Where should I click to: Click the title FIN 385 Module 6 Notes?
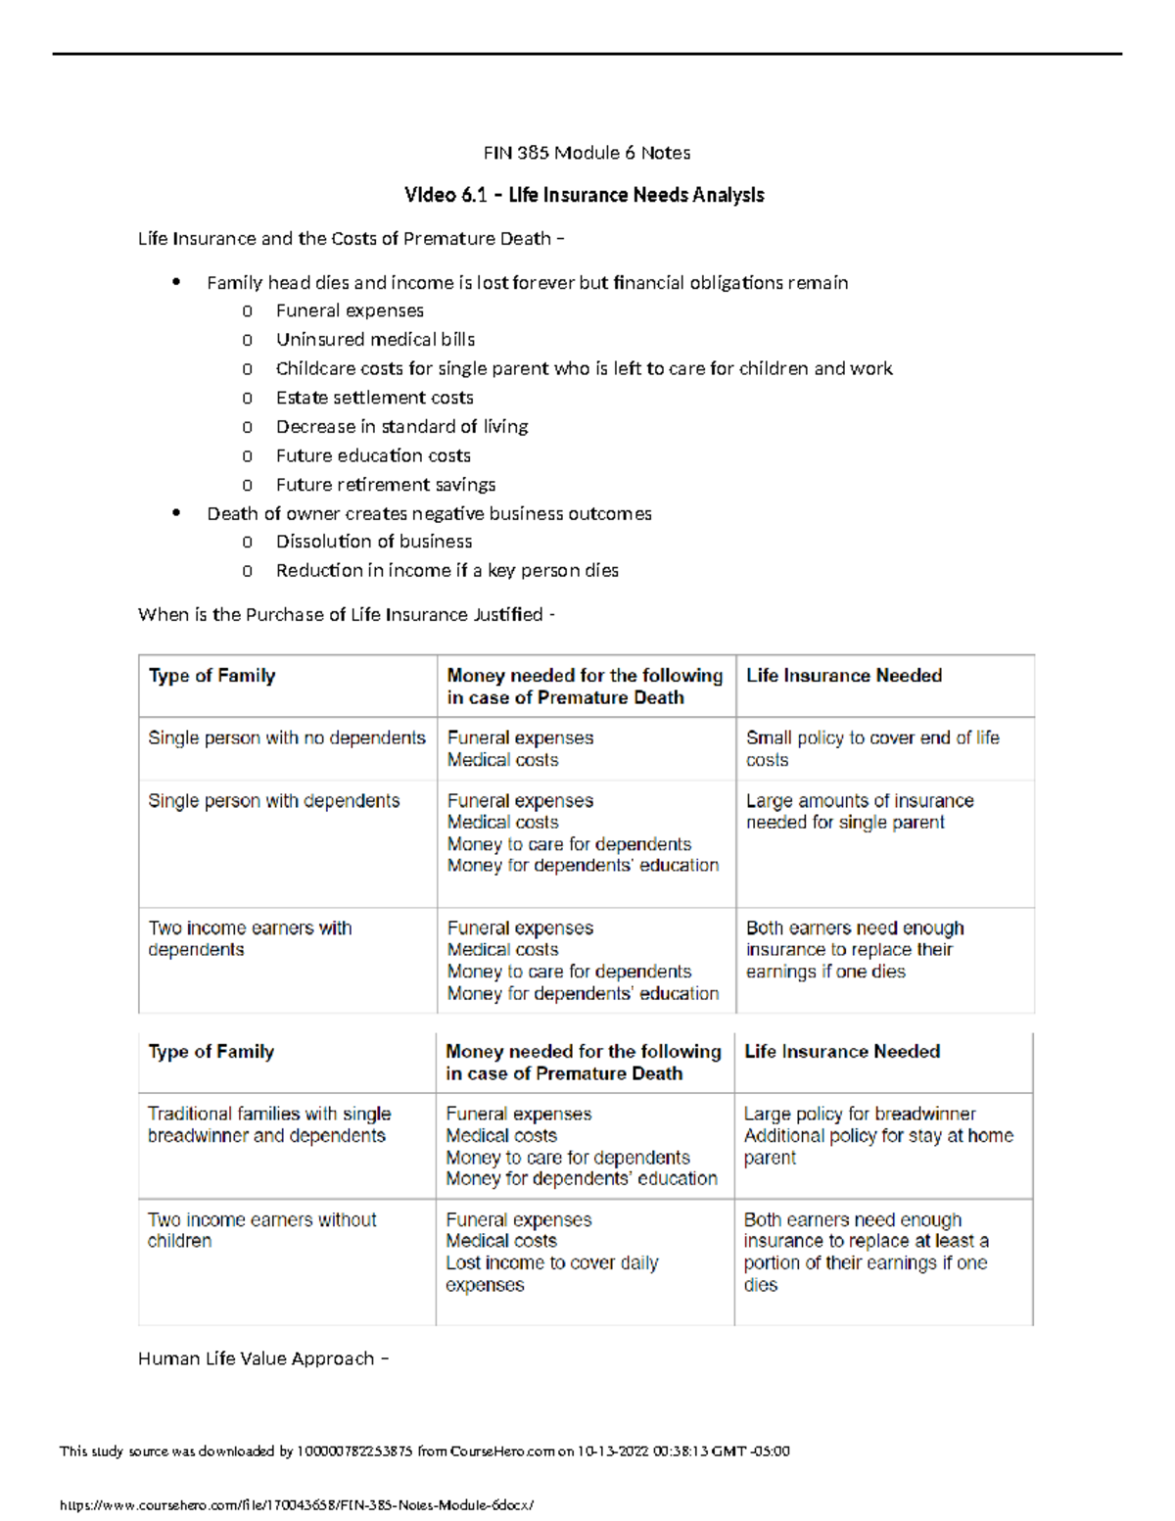[587, 153]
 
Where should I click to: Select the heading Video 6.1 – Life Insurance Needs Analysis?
[584, 195]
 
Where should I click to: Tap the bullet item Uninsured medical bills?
[375, 340]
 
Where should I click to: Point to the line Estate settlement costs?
[374, 398]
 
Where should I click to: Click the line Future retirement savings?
[385, 485]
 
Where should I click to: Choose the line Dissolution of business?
[373, 542]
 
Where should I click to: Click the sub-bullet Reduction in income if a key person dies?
[446, 570]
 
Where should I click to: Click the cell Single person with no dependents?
[287, 737]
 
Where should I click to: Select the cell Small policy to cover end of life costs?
[871, 748]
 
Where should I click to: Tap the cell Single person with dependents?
[274, 800]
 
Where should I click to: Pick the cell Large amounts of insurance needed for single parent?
[859, 811]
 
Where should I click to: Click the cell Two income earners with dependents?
[250, 938]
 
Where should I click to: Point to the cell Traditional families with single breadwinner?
[268, 1124]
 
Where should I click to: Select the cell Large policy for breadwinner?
[859, 1114]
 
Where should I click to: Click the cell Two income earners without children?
[261, 1229]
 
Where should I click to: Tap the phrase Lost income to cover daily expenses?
[551, 1273]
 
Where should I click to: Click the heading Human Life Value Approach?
[262, 1358]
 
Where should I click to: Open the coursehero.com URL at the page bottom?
[297, 1505]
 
